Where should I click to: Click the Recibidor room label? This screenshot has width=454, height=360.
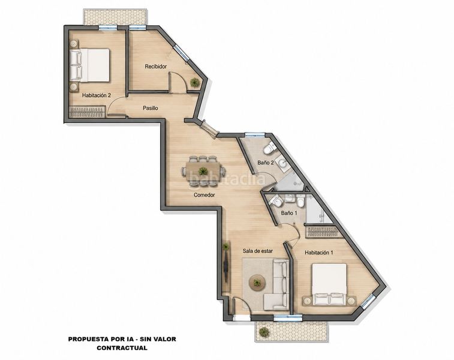coord(156,67)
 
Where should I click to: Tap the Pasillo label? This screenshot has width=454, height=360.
coord(151,108)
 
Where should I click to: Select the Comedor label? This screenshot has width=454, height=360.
coord(204,195)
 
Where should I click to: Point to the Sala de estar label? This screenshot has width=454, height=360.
coord(257,251)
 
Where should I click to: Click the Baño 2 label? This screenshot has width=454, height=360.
coord(266,163)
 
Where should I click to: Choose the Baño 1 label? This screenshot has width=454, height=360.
coord(289,213)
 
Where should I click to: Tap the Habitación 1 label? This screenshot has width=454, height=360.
coord(319,253)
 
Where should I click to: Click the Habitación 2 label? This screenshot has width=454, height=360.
coord(97,95)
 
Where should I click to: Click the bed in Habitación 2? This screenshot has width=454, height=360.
coord(90,65)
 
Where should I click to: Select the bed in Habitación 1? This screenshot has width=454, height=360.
coord(329,284)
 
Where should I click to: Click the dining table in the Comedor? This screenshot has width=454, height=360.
coord(203,170)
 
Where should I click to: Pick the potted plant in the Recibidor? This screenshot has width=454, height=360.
coord(194,83)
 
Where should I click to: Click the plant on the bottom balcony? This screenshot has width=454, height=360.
coord(264,332)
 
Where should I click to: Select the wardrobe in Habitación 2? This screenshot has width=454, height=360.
coord(88,112)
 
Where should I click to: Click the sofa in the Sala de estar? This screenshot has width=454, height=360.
coord(277,285)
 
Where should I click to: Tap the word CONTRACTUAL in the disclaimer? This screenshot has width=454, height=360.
coord(122,348)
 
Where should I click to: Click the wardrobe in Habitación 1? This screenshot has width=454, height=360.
coord(322,231)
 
